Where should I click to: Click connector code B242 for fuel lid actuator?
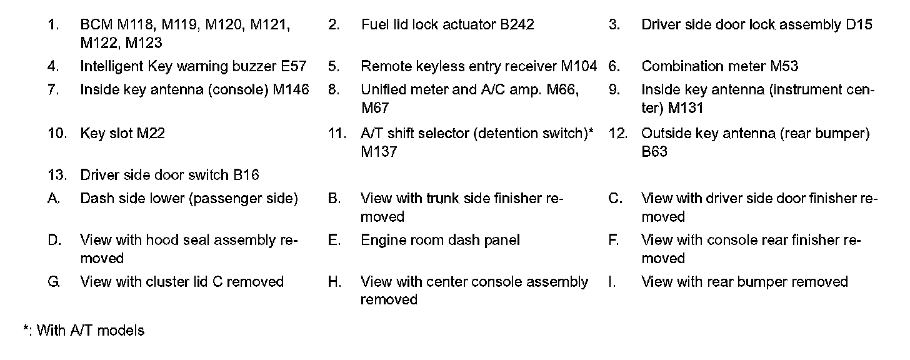coord(517,25)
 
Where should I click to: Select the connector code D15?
coord(859,25)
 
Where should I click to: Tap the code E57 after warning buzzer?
coord(293,66)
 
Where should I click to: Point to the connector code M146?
coord(291,90)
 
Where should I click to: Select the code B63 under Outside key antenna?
coord(654,152)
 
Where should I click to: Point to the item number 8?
coord(333,90)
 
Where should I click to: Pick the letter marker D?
coord(54,241)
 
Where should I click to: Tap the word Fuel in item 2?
coord(374,25)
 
